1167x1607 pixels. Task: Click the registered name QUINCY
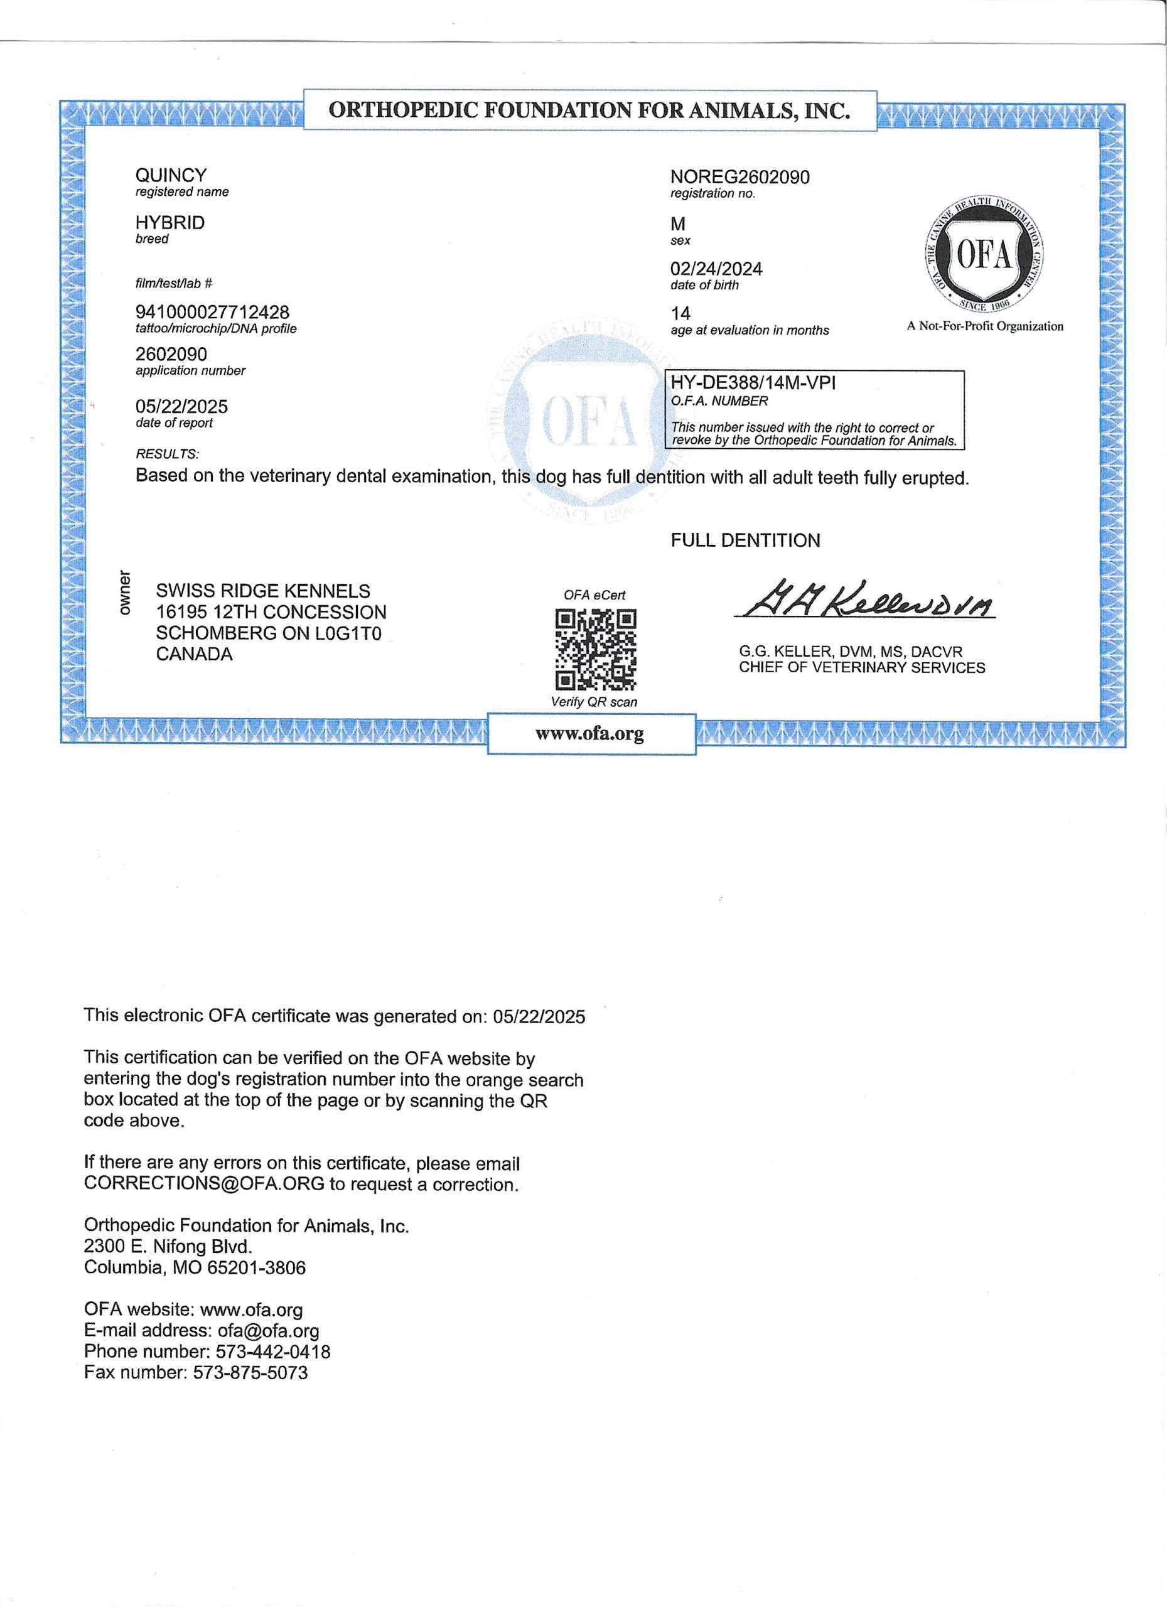pos(171,175)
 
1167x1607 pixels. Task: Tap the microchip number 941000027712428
pos(212,313)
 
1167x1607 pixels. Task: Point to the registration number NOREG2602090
pos(739,176)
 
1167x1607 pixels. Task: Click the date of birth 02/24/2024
pos(716,269)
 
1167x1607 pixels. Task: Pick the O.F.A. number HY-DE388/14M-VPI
pos(753,384)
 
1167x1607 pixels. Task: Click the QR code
pos(595,649)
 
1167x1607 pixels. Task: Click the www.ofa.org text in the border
pos(589,733)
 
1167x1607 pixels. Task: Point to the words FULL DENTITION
pos(745,540)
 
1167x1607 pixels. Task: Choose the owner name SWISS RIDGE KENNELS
pos(263,591)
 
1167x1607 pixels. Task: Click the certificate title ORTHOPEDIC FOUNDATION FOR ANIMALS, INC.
pos(589,110)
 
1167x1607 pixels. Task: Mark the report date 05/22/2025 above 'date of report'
pos(181,407)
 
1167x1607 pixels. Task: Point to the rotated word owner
pos(126,592)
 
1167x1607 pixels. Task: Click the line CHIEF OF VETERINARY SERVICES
pos(862,667)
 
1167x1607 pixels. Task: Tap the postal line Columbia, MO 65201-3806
pos(195,1267)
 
